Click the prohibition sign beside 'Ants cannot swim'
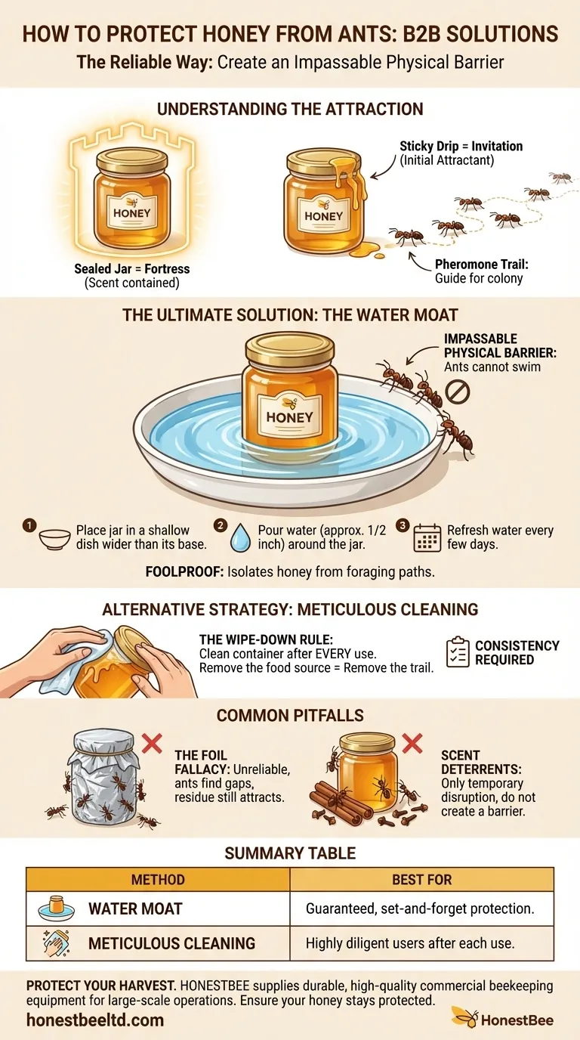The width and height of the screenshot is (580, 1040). pyautogui.click(x=457, y=392)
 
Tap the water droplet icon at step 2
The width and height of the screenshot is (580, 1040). pyautogui.click(x=240, y=537)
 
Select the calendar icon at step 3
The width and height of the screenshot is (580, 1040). pyautogui.click(x=427, y=537)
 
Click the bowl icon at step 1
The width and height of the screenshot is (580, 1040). pyautogui.click(x=54, y=540)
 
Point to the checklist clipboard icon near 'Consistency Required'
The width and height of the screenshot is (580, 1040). pyautogui.click(x=458, y=652)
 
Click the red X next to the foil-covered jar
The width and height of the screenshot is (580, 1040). pyautogui.click(x=152, y=743)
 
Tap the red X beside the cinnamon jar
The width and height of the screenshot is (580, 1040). pyautogui.click(x=412, y=743)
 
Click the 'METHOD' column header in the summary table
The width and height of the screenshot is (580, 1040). pyautogui.click(x=158, y=879)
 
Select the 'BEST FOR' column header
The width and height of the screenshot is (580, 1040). pyautogui.click(x=421, y=879)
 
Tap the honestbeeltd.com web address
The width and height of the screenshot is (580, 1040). pyautogui.click(x=95, y=1020)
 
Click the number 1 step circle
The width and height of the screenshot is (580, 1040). pyautogui.click(x=29, y=525)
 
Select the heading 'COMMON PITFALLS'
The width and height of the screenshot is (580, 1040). pyautogui.click(x=290, y=716)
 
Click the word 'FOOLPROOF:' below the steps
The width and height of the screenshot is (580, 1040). pyautogui.click(x=185, y=571)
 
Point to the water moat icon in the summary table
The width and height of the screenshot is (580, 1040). pyautogui.click(x=57, y=908)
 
